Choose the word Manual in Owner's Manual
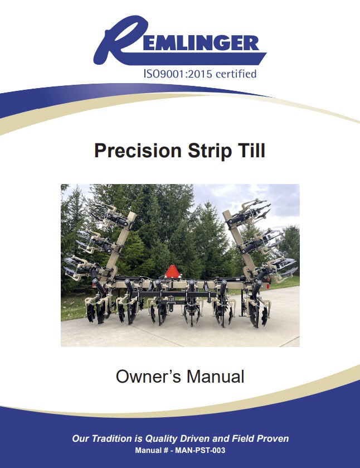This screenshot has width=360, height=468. point(216,377)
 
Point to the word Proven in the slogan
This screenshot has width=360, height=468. point(272,438)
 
